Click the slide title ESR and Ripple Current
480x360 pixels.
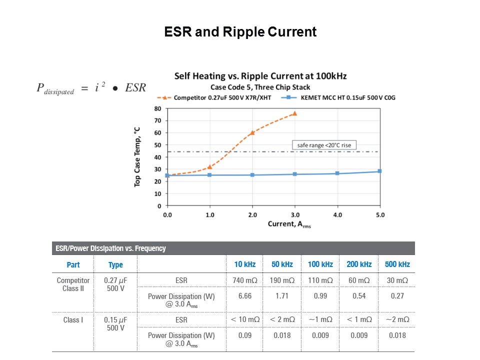click(x=240, y=32)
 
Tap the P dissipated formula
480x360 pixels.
click(x=91, y=87)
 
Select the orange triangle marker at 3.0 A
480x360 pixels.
click(x=294, y=113)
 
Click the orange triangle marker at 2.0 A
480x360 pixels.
click(x=252, y=132)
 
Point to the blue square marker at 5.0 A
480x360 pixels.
click(x=379, y=171)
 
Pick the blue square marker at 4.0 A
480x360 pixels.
click(x=337, y=173)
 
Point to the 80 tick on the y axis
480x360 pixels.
click(x=157, y=108)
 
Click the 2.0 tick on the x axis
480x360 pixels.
click(x=252, y=215)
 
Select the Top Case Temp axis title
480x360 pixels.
click(x=137, y=156)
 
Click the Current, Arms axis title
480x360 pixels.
click(x=289, y=224)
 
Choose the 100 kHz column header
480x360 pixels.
click(x=320, y=264)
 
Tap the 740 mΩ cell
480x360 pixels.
click(x=245, y=281)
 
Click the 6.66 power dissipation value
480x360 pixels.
click(x=245, y=296)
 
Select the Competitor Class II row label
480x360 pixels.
click(x=73, y=284)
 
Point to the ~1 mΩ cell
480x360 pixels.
click(x=320, y=319)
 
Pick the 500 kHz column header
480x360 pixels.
click(x=396, y=264)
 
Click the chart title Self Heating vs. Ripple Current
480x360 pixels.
click(x=260, y=76)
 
